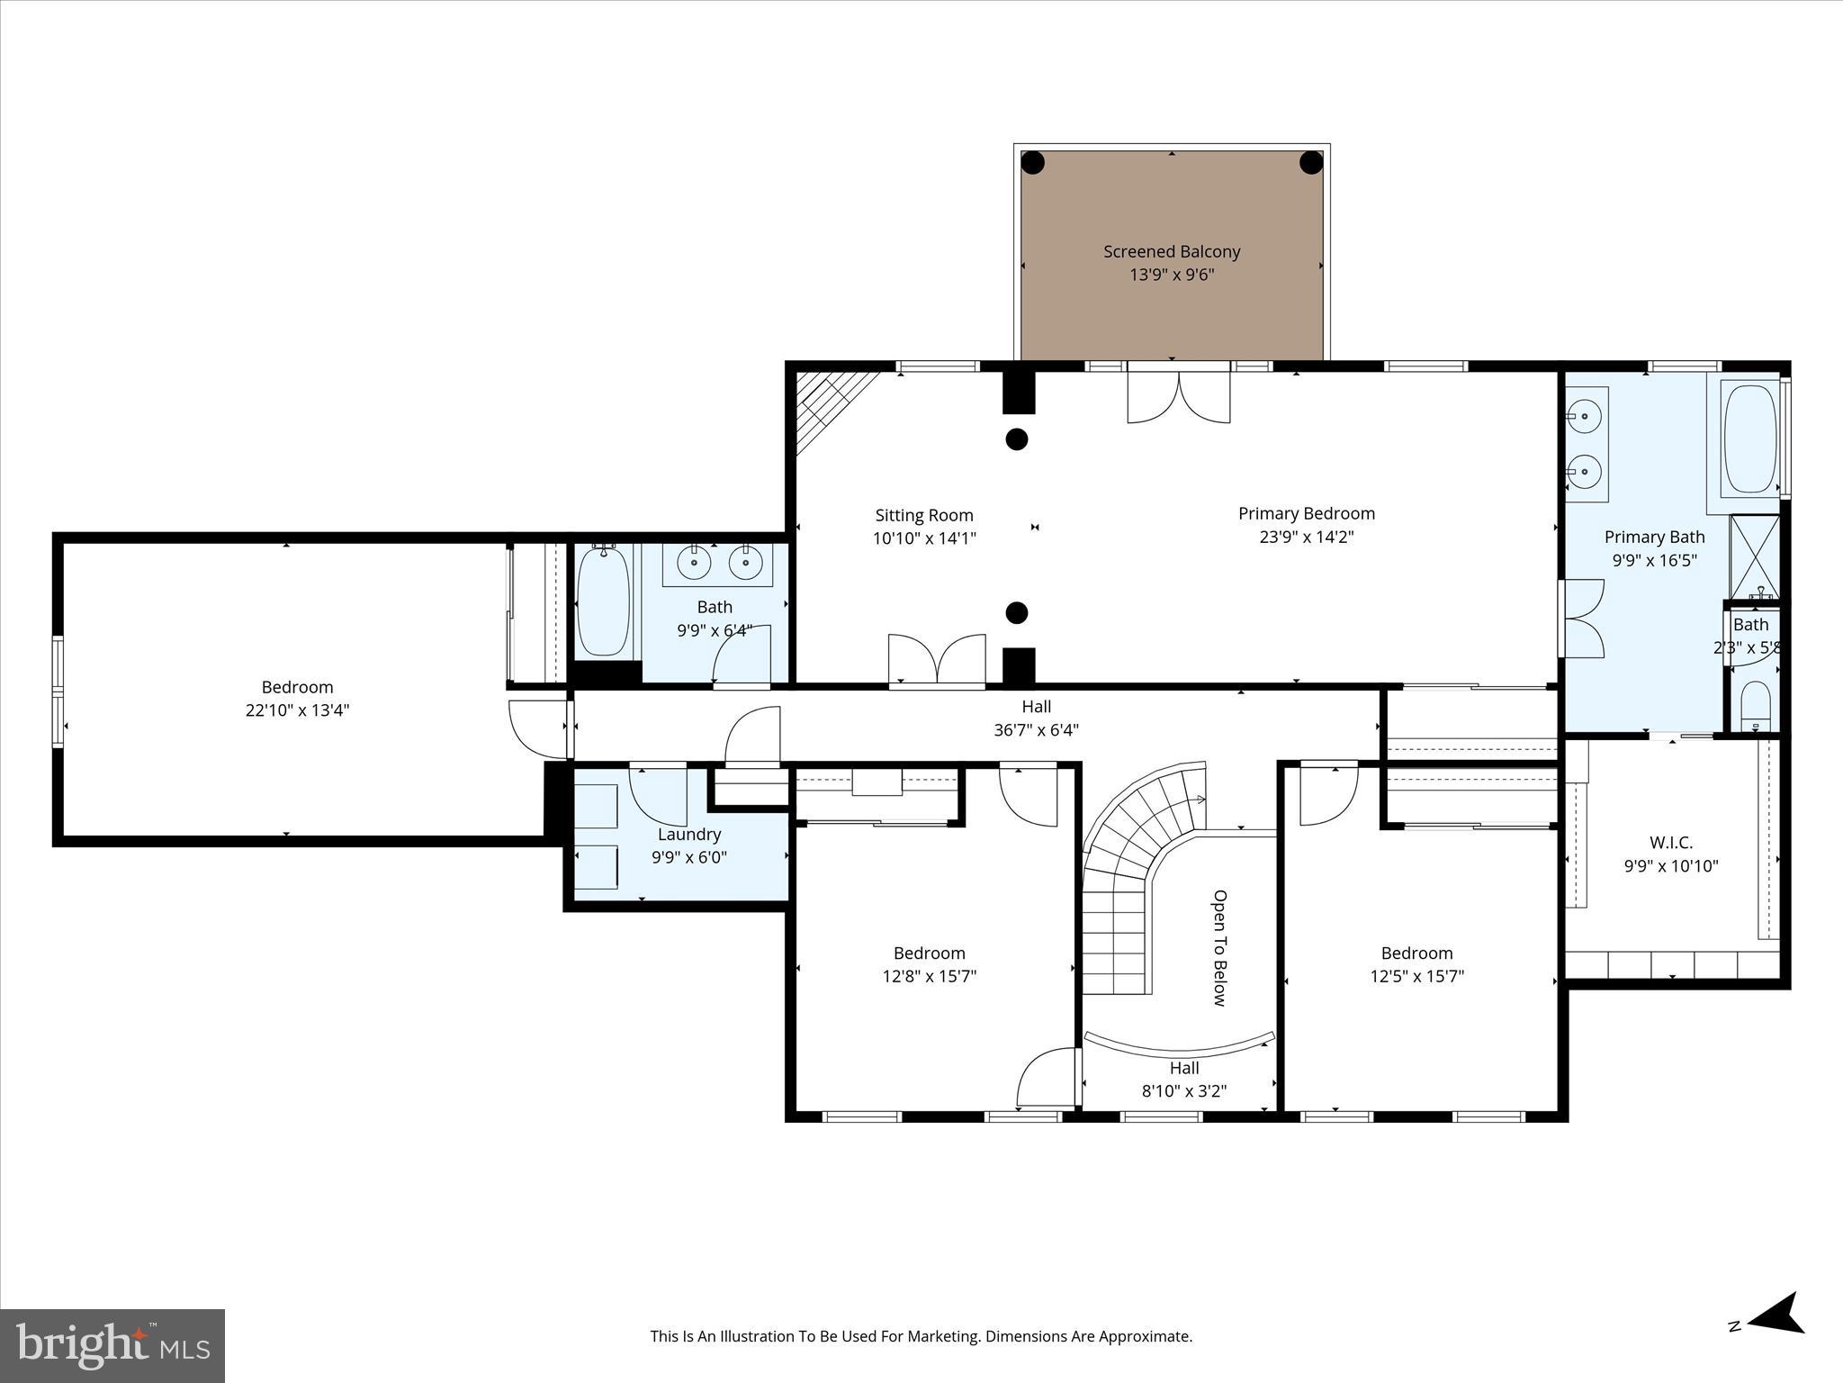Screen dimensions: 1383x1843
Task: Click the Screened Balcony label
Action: [x=1172, y=252]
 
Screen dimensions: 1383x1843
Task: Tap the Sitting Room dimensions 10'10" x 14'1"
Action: [x=924, y=538]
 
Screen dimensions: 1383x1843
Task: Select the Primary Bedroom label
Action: [x=1306, y=513]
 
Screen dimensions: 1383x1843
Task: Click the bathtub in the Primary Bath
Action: [x=1749, y=438]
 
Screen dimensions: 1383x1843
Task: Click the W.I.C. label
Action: [x=1670, y=843]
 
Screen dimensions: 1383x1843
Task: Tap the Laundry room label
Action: [x=688, y=834]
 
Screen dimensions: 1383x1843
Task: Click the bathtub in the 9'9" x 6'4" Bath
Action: [x=602, y=601]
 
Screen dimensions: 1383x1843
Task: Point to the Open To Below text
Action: [x=1219, y=947]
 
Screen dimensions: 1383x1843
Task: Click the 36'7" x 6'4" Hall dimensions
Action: [x=1036, y=730]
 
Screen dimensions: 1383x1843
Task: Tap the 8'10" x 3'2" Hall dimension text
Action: [x=1184, y=1091]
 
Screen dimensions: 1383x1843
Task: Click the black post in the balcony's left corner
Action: [x=1032, y=163]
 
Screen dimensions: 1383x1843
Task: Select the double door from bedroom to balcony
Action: [x=1179, y=396]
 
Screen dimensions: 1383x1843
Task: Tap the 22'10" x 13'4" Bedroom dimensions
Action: [x=297, y=710]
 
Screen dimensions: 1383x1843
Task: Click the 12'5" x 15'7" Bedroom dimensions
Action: [x=1416, y=976]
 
